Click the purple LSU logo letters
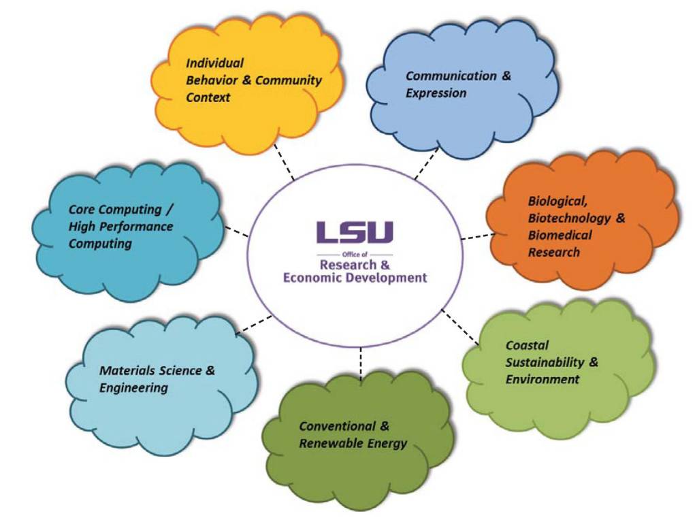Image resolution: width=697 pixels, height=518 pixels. [x=354, y=232]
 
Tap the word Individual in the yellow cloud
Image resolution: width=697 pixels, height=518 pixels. [x=214, y=63]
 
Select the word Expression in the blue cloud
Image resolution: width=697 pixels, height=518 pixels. [x=436, y=93]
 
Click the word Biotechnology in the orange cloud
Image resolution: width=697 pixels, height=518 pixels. [x=569, y=218]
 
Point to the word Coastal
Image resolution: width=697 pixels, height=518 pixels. [x=527, y=345]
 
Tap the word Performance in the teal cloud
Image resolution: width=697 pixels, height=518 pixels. [x=140, y=227]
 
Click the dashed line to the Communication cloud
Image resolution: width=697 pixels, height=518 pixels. [x=426, y=163]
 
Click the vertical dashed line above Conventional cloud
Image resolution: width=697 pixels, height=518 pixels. [x=360, y=364]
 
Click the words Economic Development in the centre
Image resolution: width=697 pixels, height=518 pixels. [x=355, y=277]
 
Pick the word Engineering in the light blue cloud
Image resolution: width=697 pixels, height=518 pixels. [x=133, y=388]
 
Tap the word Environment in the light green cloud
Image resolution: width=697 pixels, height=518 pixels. [x=542, y=379]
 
